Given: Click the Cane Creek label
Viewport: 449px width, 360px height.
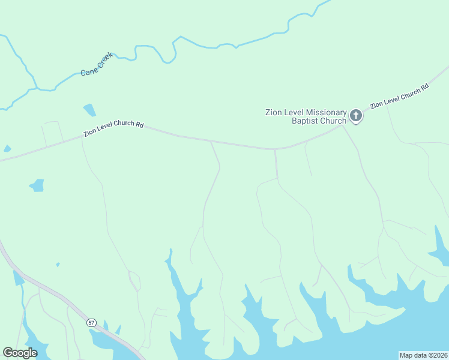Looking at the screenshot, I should (x=97, y=64).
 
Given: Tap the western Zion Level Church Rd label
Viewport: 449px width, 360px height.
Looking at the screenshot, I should (x=113, y=128).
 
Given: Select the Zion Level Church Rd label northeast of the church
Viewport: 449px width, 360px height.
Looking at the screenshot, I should (x=399, y=96).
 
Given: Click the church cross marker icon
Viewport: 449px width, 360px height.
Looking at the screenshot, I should (x=356, y=115).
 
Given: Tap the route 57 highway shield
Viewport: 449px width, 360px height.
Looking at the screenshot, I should (x=91, y=322).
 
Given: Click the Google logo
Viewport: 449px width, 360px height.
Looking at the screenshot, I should (x=20, y=353).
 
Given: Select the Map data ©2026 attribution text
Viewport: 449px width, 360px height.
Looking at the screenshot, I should (x=423, y=355).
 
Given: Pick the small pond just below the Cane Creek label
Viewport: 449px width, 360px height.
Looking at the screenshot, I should (x=89, y=110).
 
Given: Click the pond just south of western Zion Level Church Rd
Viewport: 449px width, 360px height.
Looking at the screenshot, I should (x=38, y=185).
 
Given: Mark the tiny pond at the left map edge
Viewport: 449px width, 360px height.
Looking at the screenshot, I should (x=7, y=148).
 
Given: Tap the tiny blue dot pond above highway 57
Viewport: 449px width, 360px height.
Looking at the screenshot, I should (x=58, y=264).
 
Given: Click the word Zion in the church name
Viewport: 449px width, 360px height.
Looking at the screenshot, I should (x=275, y=112).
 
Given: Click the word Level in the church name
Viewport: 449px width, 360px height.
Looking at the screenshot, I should (x=296, y=112).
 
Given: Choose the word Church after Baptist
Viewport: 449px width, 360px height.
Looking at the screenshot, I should (x=333, y=121).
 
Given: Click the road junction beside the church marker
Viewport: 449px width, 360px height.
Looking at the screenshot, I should (x=343, y=125).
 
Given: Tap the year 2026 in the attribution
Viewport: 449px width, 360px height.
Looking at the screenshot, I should (x=438, y=355).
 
